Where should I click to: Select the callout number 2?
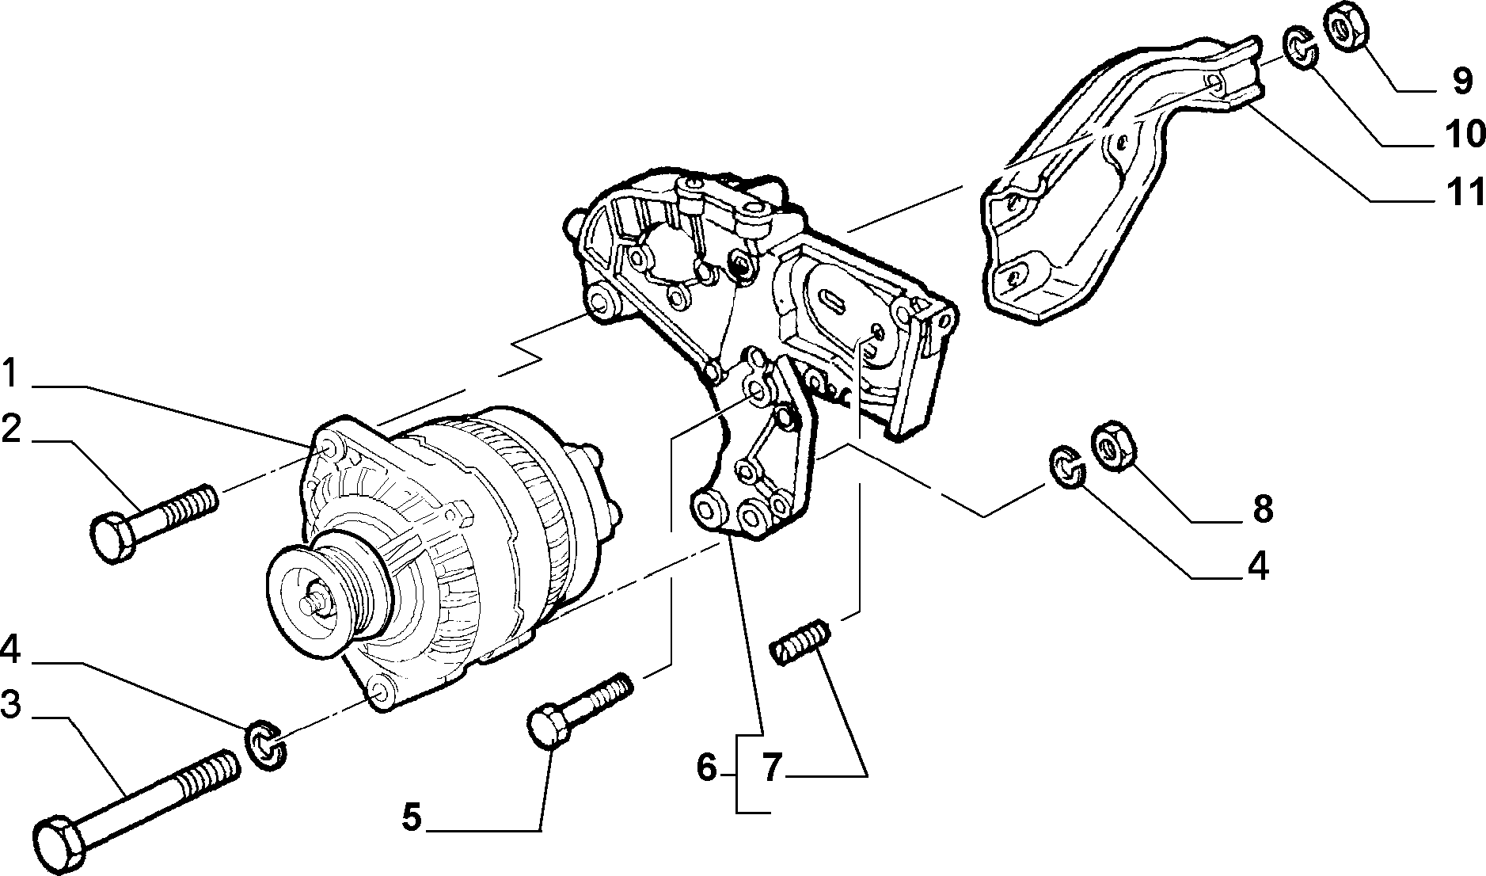coord(11,429)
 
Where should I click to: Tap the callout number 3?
coord(10,705)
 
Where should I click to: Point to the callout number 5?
coord(411,817)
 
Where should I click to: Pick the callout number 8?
coord(1262,508)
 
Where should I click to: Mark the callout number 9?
coord(1462,80)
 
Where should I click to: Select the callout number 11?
coord(1462,192)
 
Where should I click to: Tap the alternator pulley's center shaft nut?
coord(317,604)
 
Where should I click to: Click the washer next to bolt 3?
coord(267,745)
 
